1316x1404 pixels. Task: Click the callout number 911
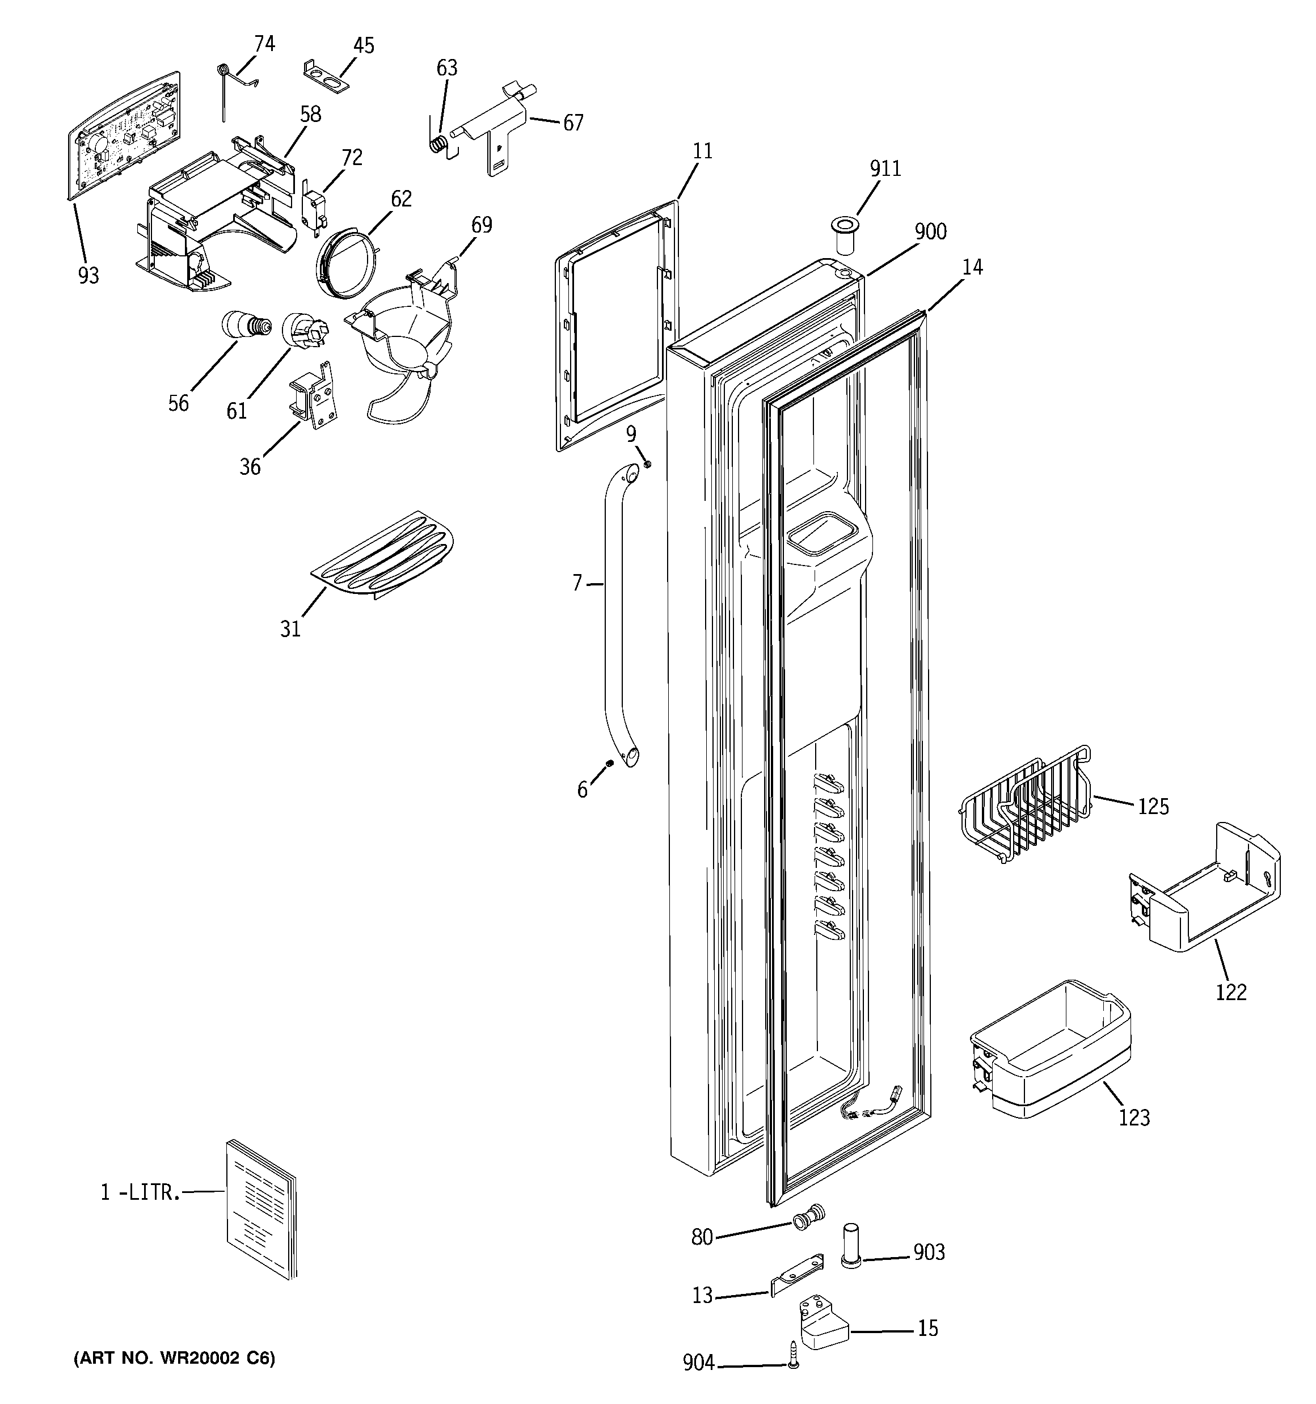click(x=885, y=169)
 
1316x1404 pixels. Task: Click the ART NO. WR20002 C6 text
click(x=175, y=1357)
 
